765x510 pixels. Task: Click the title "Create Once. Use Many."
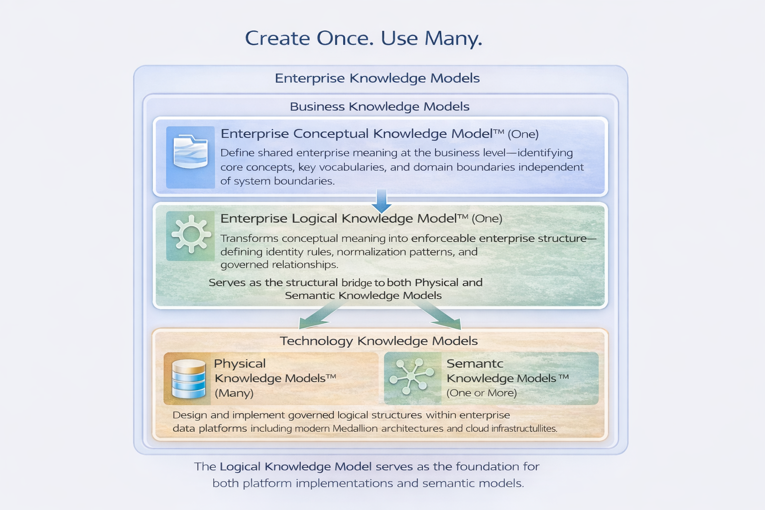pyautogui.click(x=364, y=38)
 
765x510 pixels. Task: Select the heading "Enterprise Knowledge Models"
pyautogui.click(x=377, y=78)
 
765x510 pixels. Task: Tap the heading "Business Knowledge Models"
pyautogui.click(x=380, y=107)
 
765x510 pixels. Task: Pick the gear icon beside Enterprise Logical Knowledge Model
pyautogui.click(x=190, y=235)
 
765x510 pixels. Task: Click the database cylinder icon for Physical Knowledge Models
pyautogui.click(x=188, y=380)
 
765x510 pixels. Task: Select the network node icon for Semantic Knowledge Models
pyautogui.click(x=411, y=377)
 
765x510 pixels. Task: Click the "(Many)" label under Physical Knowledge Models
pyautogui.click(x=234, y=393)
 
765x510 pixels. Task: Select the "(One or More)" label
pyautogui.click(x=482, y=393)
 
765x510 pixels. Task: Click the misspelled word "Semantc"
pyautogui.click(x=475, y=364)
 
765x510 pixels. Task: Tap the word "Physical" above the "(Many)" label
pyautogui.click(x=240, y=364)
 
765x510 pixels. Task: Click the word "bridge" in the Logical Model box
pyautogui.click(x=357, y=283)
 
